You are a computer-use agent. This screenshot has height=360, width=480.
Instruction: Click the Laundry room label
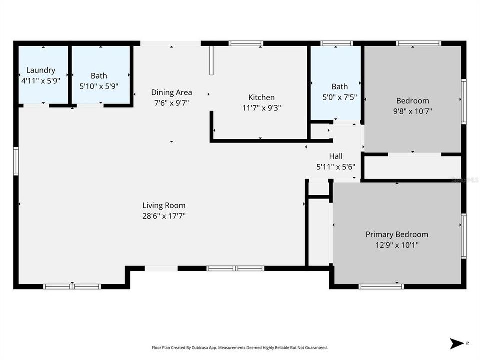click(41, 70)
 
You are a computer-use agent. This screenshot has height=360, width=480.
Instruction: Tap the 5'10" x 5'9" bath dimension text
click(99, 86)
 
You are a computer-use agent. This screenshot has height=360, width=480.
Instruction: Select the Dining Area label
click(172, 92)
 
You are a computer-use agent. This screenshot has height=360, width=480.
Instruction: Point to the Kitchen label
click(261, 97)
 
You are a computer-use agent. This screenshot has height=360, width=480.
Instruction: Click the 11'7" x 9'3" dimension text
click(261, 107)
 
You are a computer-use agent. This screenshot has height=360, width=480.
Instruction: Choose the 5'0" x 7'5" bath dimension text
click(340, 97)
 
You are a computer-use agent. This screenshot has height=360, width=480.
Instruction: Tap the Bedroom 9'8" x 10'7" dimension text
click(412, 111)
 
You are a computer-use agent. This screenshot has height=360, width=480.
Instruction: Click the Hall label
click(336, 156)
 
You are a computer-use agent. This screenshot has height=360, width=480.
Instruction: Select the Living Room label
click(164, 205)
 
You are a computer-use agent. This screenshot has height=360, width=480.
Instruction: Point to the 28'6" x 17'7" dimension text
click(164, 216)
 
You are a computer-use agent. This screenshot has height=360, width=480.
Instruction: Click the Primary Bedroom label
click(397, 234)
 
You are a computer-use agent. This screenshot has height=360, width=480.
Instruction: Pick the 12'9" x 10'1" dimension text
click(397, 245)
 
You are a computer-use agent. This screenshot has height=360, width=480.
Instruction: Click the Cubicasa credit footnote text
click(240, 347)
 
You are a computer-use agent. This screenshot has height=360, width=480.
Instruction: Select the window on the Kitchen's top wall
click(246, 43)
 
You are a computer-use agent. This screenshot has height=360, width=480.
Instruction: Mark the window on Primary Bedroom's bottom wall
click(381, 286)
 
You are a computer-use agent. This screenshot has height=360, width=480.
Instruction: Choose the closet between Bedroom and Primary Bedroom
click(412, 168)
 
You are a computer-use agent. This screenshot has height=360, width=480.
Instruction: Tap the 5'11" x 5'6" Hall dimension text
click(336, 167)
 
